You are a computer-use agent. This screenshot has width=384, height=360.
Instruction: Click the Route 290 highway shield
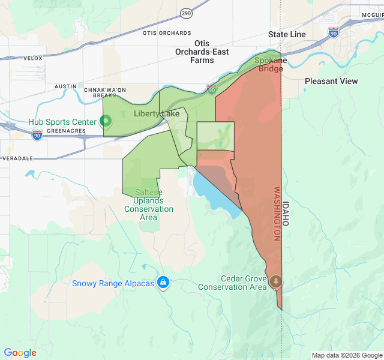(186, 13)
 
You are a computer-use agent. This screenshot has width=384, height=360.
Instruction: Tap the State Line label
(287, 34)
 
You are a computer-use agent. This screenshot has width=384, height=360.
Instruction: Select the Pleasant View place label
(331, 81)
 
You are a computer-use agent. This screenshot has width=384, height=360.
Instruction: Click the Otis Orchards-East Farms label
(202, 52)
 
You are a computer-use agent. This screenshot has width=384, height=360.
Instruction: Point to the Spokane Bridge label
(270, 64)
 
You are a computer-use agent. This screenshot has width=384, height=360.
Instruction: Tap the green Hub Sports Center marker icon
(106, 122)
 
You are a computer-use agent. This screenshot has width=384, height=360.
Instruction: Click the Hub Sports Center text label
(62, 122)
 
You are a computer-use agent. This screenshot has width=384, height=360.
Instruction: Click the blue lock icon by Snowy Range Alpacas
(163, 282)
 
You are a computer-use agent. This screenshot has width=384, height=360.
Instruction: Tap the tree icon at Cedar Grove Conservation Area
(276, 281)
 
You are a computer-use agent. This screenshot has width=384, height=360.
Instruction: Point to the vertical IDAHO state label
(286, 213)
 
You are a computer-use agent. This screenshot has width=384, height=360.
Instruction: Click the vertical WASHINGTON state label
(277, 214)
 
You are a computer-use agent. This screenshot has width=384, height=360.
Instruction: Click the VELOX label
(33, 58)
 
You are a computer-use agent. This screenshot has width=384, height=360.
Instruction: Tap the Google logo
(20, 352)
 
